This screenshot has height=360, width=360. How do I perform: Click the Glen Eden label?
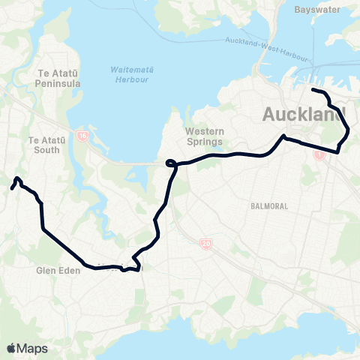(53, 271)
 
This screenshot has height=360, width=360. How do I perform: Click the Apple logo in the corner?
(11, 348)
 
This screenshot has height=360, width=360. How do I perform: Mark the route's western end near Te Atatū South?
(12, 188)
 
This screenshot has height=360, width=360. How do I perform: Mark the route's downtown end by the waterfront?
(313, 90)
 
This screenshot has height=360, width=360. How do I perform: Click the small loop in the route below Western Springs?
(170, 162)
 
